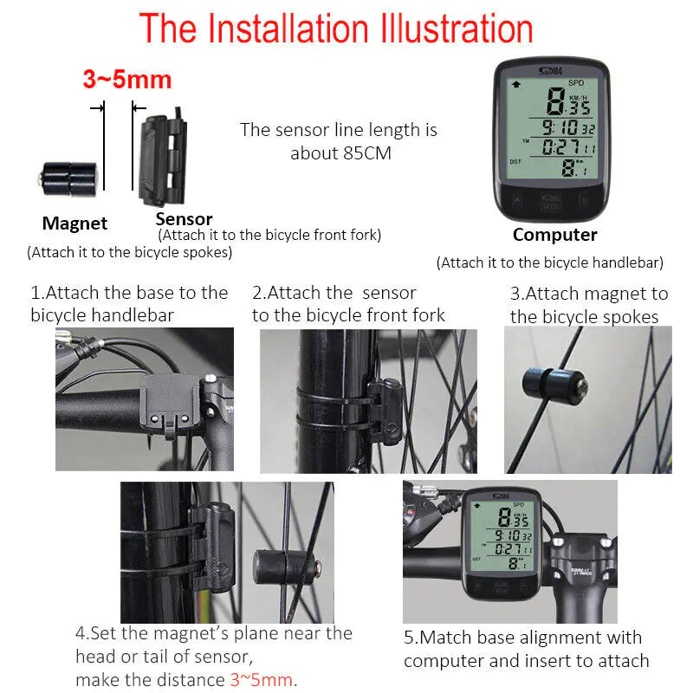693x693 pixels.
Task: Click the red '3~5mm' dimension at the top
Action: [x=127, y=80]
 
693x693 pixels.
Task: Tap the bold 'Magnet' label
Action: [x=74, y=223]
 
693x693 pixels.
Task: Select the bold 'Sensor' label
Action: [x=184, y=219]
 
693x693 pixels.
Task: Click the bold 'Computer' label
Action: [x=554, y=235]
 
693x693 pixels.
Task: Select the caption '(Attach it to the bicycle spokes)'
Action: [x=129, y=253]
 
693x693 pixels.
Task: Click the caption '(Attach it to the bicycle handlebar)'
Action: [x=549, y=262]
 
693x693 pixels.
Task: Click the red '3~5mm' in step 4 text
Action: [x=262, y=678]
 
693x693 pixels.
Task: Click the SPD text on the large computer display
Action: [x=576, y=83]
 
